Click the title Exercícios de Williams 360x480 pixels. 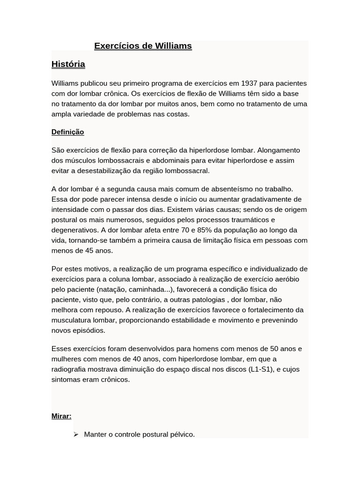[143, 46]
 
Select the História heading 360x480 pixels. [68, 64]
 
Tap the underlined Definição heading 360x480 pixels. [67, 132]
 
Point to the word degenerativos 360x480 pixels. [74, 230]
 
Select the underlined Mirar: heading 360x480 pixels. [61, 416]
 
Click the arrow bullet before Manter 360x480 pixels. [76, 435]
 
